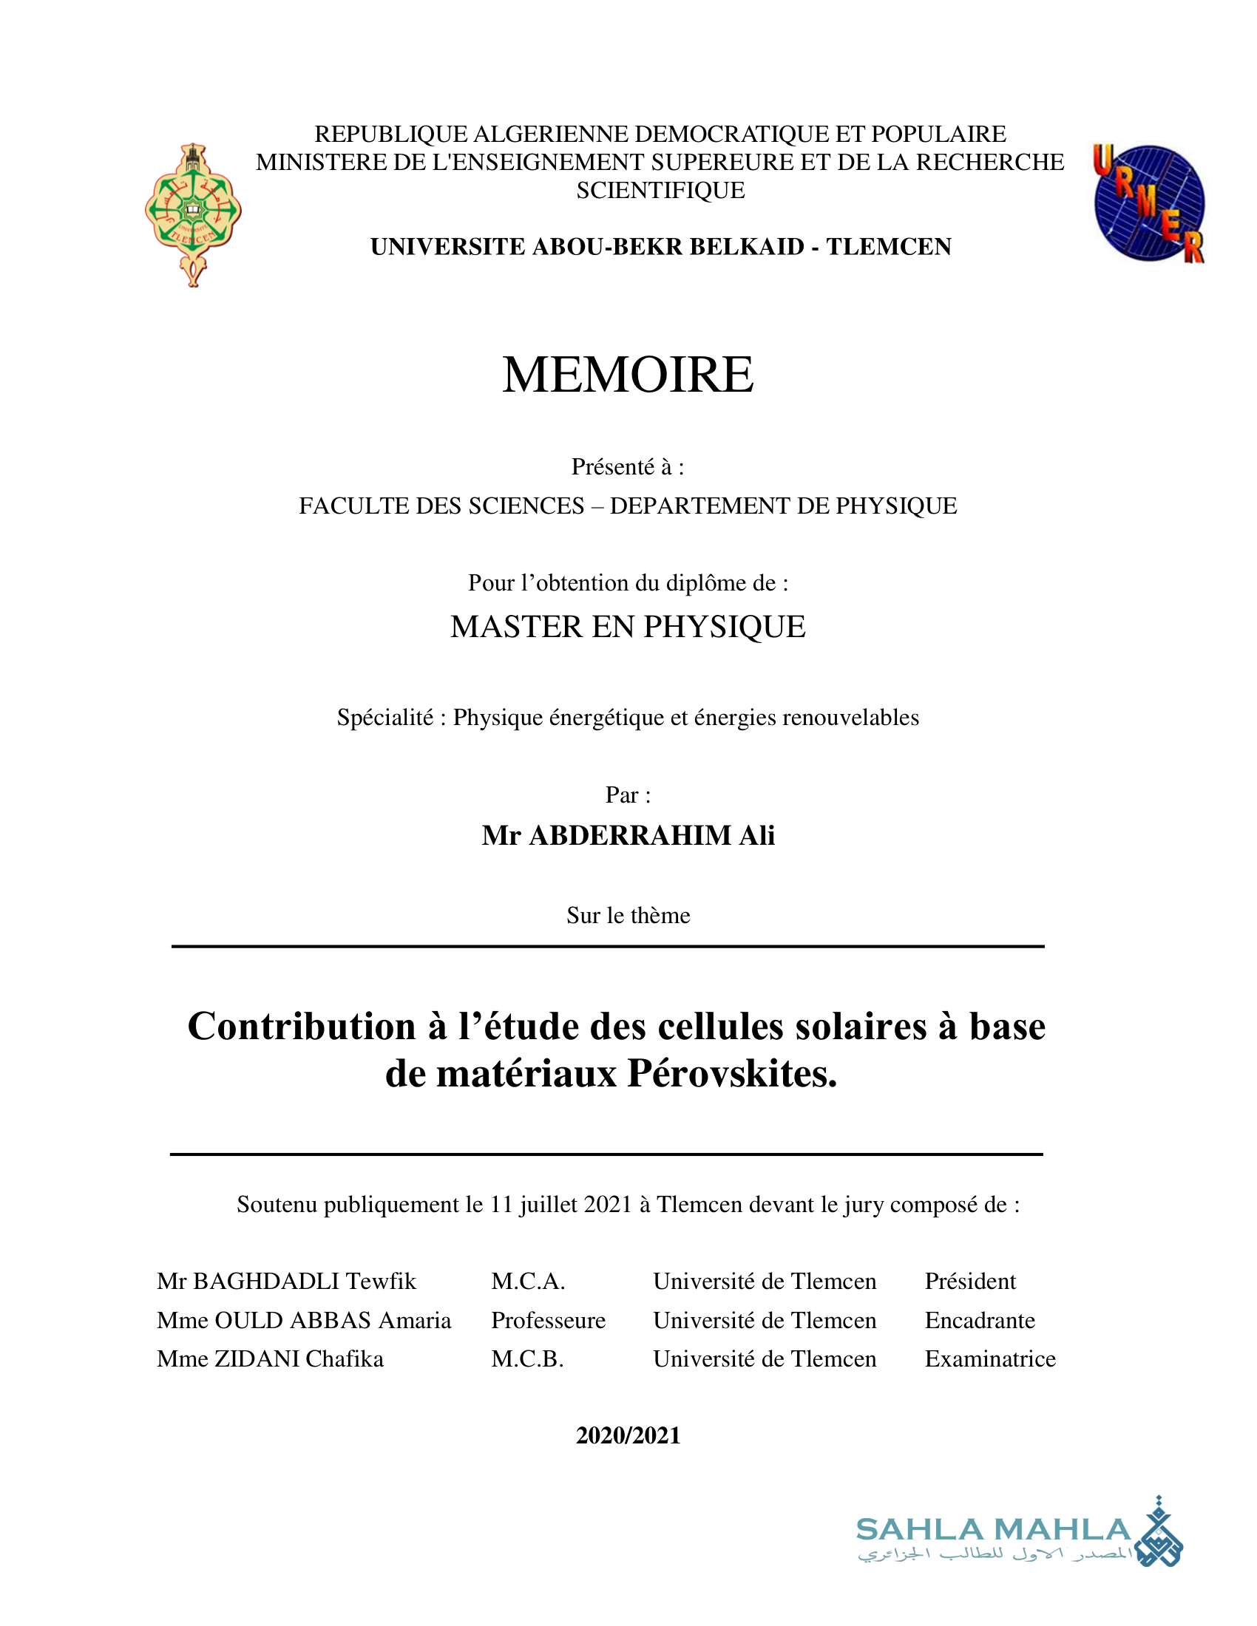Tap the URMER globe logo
coord(1148,203)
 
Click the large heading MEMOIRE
coord(628,374)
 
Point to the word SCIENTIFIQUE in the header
coord(660,191)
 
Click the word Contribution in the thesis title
coord(302,1027)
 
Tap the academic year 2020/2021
coord(628,1435)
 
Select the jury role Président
coord(969,1282)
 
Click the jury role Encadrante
coord(979,1320)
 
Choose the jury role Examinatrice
coord(989,1358)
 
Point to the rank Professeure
coord(548,1320)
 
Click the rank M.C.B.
coord(527,1358)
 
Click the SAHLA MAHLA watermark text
coord(992,1530)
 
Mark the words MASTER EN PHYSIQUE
coord(628,627)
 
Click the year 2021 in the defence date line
coord(604,1205)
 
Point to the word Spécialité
coord(384,718)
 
